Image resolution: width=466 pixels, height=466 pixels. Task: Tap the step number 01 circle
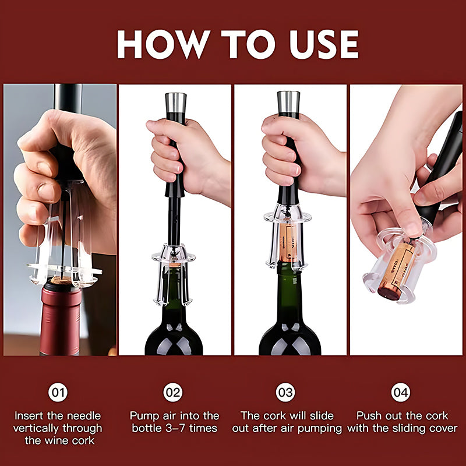pos(57,392)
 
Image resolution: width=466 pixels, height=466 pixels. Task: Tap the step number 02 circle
pos(173,392)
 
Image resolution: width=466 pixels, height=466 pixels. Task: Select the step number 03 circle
pos(285,392)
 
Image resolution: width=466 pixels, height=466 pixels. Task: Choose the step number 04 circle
pos(401,392)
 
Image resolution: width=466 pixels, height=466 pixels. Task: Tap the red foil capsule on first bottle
pos(60,320)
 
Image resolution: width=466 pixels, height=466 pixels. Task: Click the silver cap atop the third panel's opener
pos(288,101)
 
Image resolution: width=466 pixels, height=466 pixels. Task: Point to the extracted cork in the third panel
pos(287,242)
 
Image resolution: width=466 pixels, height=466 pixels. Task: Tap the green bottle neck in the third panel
pos(290,291)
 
